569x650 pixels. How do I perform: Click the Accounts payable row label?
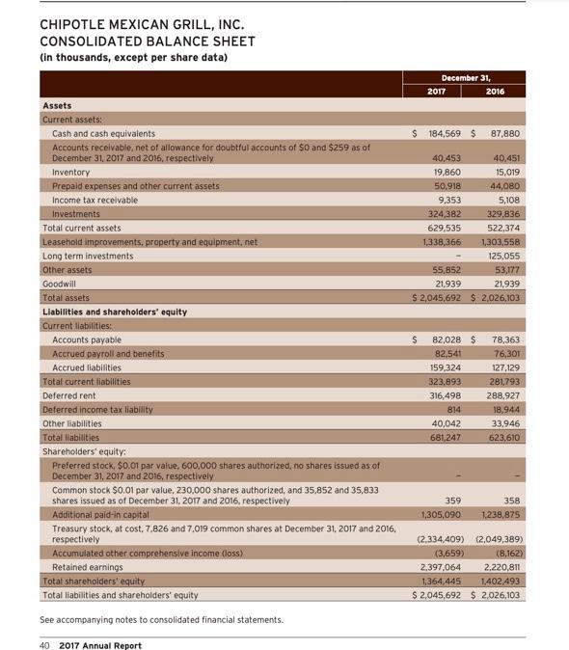click(87, 339)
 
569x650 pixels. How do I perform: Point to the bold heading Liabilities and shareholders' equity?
click(115, 311)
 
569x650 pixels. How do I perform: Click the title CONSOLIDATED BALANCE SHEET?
click(147, 41)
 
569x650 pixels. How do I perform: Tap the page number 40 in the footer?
click(44, 632)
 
